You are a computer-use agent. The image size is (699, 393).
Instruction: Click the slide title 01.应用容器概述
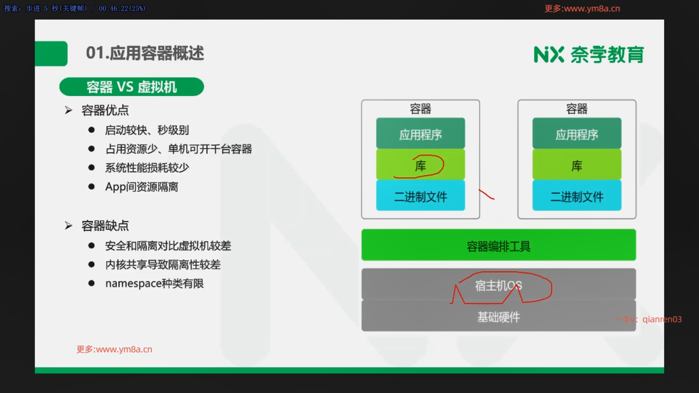tap(145, 53)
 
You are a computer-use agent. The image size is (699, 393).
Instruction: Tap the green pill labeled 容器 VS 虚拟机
tap(131, 87)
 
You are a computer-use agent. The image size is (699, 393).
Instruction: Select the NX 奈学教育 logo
tap(589, 55)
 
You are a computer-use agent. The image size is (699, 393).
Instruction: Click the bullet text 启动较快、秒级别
tap(147, 130)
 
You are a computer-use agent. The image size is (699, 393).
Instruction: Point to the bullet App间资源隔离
tap(142, 187)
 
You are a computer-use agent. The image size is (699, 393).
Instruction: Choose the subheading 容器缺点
tap(105, 226)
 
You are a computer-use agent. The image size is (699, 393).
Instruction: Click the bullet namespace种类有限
tap(154, 283)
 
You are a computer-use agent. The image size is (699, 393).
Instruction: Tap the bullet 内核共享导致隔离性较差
tap(163, 265)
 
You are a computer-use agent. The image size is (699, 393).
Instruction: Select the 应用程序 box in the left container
tap(420, 133)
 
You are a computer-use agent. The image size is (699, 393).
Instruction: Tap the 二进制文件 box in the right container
tap(577, 195)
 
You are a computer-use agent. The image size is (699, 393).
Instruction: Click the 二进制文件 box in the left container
tap(420, 195)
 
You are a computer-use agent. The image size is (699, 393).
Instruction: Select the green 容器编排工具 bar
tap(499, 245)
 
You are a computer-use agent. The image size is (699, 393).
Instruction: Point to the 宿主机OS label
tap(498, 286)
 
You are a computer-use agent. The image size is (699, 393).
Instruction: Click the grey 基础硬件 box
tap(499, 315)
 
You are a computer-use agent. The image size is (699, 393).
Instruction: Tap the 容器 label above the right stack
tap(577, 108)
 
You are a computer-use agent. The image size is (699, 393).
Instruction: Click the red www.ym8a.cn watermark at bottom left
tap(114, 349)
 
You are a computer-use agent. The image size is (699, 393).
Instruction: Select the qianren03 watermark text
tap(662, 319)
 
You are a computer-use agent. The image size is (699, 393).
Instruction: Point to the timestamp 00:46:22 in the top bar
tap(111, 8)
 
